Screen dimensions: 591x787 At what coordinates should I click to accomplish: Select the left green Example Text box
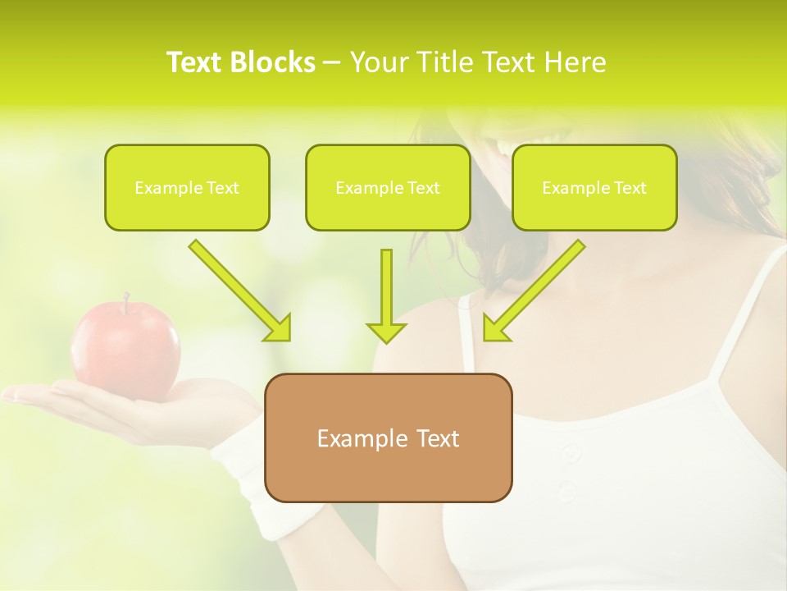(x=187, y=187)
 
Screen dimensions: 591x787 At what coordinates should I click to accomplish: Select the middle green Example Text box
(x=388, y=187)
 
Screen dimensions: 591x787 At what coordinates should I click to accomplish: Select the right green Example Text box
(x=594, y=187)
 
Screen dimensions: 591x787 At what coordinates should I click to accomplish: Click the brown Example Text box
(x=389, y=438)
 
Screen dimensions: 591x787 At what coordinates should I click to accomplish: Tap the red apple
(x=125, y=349)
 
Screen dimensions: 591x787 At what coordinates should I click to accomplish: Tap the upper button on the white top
(x=571, y=452)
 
